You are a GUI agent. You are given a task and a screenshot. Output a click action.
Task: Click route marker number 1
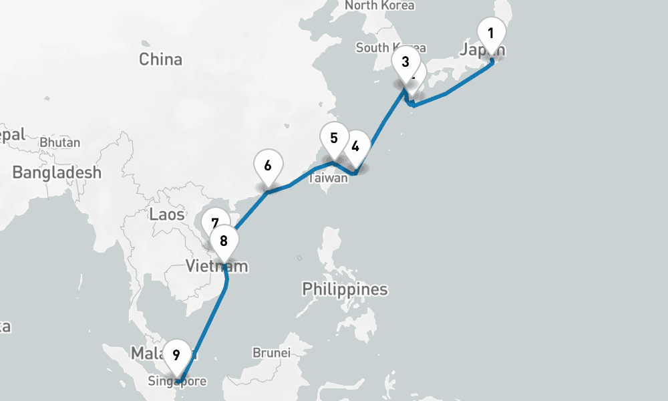click(491, 33)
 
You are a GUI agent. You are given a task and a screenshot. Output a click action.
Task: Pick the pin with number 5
click(334, 138)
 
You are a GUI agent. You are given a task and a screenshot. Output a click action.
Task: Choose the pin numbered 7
click(214, 223)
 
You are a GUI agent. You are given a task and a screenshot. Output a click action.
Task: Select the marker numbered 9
click(176, 354)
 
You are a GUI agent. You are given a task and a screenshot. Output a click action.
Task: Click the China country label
click(160, 59)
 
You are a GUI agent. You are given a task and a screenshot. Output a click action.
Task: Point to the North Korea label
click(379, 5)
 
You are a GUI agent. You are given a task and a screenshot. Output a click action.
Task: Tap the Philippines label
click(345, 289)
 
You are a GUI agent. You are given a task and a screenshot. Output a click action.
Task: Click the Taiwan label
click(328, 178)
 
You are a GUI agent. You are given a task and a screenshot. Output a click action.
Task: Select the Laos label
click(167, 215)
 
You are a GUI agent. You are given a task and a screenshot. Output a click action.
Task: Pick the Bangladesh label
click(57, 172)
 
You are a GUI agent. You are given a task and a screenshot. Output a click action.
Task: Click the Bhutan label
click(60, 142)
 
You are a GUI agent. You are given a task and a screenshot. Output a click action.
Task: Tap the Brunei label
click(271, 352)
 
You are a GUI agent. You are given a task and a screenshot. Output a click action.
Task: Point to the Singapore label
click(178, 382)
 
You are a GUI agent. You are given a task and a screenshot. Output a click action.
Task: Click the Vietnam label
click(216, 267)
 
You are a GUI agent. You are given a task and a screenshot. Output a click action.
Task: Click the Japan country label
click(482, 49)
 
